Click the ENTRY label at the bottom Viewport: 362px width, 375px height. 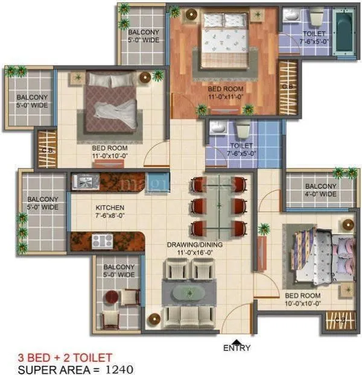click(x=237, y=348)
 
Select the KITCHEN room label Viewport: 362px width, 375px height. click(x=109, y=207)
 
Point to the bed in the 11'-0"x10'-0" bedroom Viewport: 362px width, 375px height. click(x=111, y=101)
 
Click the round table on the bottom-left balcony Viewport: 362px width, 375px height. click(x=111, y=297)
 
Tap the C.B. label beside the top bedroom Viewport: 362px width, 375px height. click(x=287, y=86)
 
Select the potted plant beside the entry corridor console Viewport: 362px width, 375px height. click(x=264, y=229)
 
